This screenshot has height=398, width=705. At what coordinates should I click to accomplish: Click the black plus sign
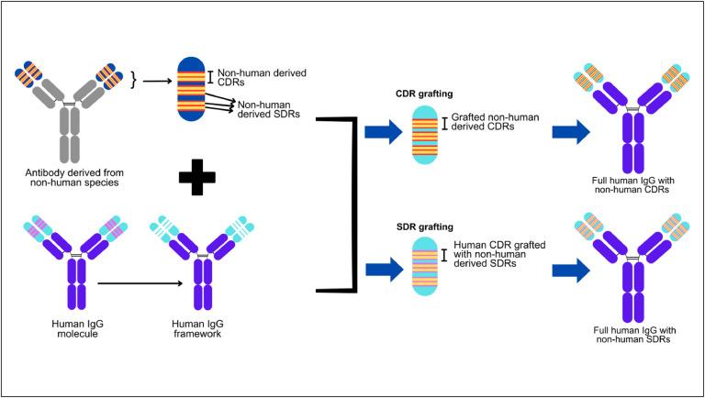coord(197,177)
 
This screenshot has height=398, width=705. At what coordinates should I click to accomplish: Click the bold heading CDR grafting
coord(424,94)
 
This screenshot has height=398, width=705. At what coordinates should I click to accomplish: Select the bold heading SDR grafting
coord(424,227)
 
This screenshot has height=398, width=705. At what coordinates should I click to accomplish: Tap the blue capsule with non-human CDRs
coord(191,89)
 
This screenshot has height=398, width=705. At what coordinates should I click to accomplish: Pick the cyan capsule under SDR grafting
coord(424,267)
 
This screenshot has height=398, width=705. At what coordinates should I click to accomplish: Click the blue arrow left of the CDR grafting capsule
coord(383,132)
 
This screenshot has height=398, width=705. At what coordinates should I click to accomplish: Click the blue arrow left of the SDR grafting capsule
coord(383,270)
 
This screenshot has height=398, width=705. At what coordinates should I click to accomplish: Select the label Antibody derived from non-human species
coord(74,177)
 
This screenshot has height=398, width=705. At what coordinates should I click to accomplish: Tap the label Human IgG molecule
coord(77,328)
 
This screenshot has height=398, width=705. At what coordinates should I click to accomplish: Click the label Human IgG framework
coord(197,328)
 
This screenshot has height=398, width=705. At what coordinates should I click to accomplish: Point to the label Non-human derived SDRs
coord(268,109)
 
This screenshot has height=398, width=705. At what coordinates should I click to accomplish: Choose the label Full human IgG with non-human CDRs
coord(633,184)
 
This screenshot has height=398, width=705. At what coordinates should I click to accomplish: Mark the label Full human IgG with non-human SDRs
coord(634,335)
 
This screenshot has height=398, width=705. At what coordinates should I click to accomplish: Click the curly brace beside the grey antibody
coord(133,81)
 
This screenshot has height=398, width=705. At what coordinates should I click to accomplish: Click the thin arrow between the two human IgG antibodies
coord(140,283)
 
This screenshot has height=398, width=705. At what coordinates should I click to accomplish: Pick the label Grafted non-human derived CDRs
coord(495,122)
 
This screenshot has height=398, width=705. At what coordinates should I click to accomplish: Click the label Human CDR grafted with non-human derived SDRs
coord(499,254)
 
